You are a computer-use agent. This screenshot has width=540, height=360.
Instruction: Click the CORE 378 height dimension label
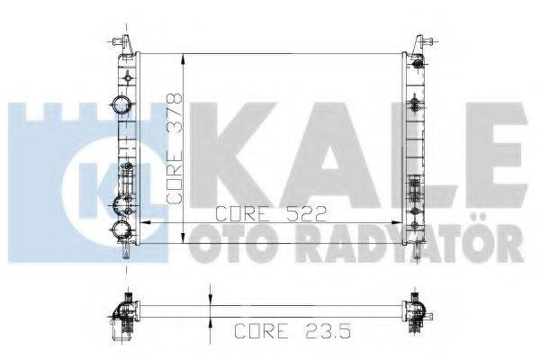(x=175, y=148)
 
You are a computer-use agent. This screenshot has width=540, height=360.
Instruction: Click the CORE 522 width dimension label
(x=269, y=213)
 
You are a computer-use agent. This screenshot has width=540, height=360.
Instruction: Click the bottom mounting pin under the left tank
(x=124, y=251)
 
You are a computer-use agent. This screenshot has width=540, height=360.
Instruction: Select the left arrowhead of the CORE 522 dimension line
(x=147, y=220)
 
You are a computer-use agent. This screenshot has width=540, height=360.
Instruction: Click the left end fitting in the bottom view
(x=123, y=308)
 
